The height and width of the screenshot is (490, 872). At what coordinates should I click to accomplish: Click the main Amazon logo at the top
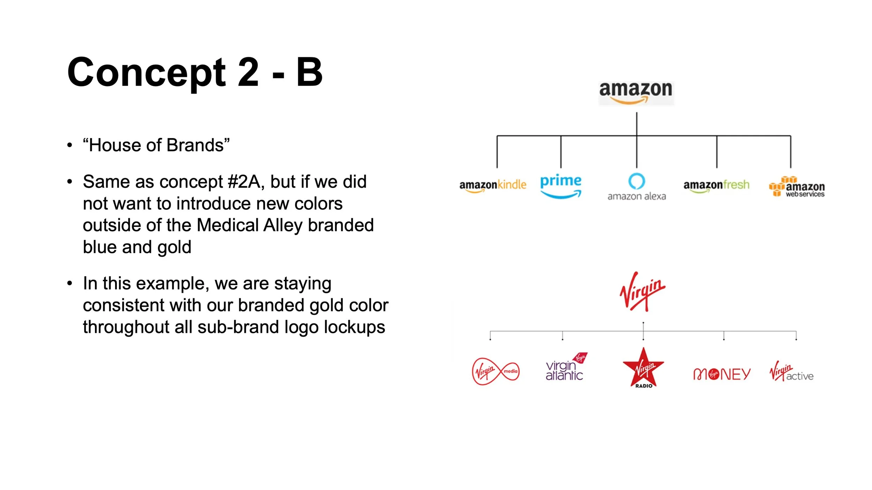tap(636, 92)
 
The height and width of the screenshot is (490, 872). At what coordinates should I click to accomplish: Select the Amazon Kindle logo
tap(493, 185)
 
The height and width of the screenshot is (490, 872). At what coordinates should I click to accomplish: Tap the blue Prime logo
tap(561, 186)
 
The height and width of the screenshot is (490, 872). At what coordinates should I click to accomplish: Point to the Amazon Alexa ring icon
tap(637, 181)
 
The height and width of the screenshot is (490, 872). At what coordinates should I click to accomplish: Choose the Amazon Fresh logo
tap(716, 185)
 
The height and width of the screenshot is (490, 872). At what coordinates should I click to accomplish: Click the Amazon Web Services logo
tap(797, 187)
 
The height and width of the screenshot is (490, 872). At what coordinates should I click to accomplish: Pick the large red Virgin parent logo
tap(642, 291)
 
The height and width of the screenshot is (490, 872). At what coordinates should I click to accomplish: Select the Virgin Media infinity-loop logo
tap(495, 372)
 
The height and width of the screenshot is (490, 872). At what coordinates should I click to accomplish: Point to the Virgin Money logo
tap(721, 374)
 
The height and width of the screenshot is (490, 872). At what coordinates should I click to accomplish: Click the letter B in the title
tap(309, 72)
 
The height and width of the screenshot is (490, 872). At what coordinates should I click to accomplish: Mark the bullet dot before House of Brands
tap(70, 145)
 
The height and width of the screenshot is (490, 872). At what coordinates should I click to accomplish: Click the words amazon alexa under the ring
tap(637, 197)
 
